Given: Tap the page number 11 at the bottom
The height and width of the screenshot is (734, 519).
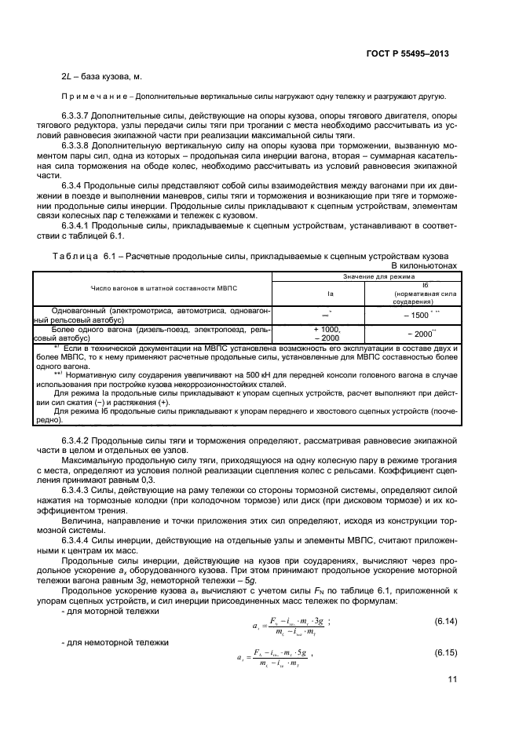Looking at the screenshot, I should tap(453, 680).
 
